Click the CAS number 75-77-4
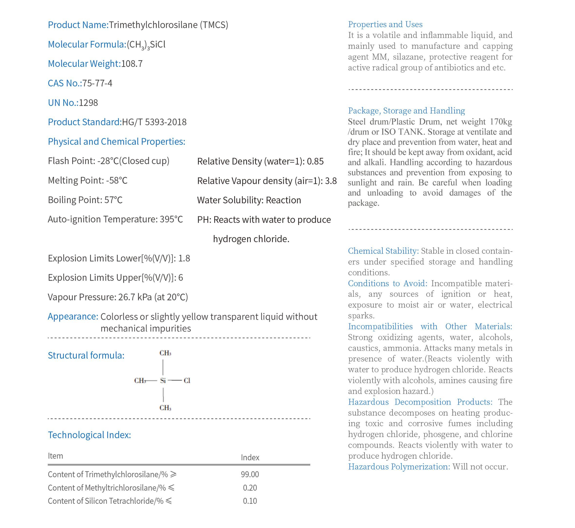click(x=97, y=83)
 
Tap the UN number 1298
click(x=88, y=103)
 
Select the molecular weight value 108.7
click(x=132, y=63)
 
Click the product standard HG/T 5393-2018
click(x=154, y=122)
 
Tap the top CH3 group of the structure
click(x=165, y=353)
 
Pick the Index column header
click(x=250, y=458)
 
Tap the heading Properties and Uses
click(x=385, y=24)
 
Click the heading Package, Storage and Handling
click(x=406, y=110)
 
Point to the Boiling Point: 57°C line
click(x=85, y=200)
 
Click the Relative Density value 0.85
click(x=315, y=161)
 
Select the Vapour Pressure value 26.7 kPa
click(x=135, y=297)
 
